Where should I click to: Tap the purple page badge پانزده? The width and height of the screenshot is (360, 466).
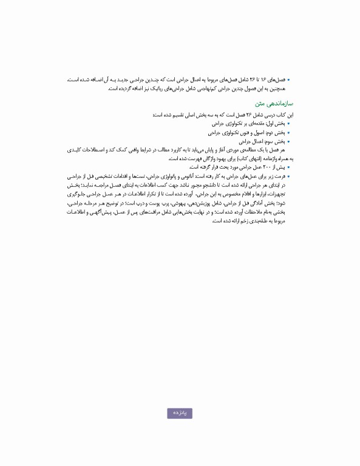pyautogui.click(x=180, y=413)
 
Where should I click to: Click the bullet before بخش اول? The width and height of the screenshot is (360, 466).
pyautogui.click(x=288, y=123)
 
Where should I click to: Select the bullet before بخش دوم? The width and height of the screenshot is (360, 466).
pyautogui.click(x=288, y=132)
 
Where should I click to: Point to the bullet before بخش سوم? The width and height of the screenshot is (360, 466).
pyautogui.click(x=288, y=141)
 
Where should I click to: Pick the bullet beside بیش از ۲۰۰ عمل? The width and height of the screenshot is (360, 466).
pyautogui.click(x=288, y=167)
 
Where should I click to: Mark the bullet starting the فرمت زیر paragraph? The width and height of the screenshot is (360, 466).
pyautogui.click(x=288, y=176)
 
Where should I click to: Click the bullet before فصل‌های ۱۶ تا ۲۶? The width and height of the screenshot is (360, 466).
pyautogui.click(x=288, y=79)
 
